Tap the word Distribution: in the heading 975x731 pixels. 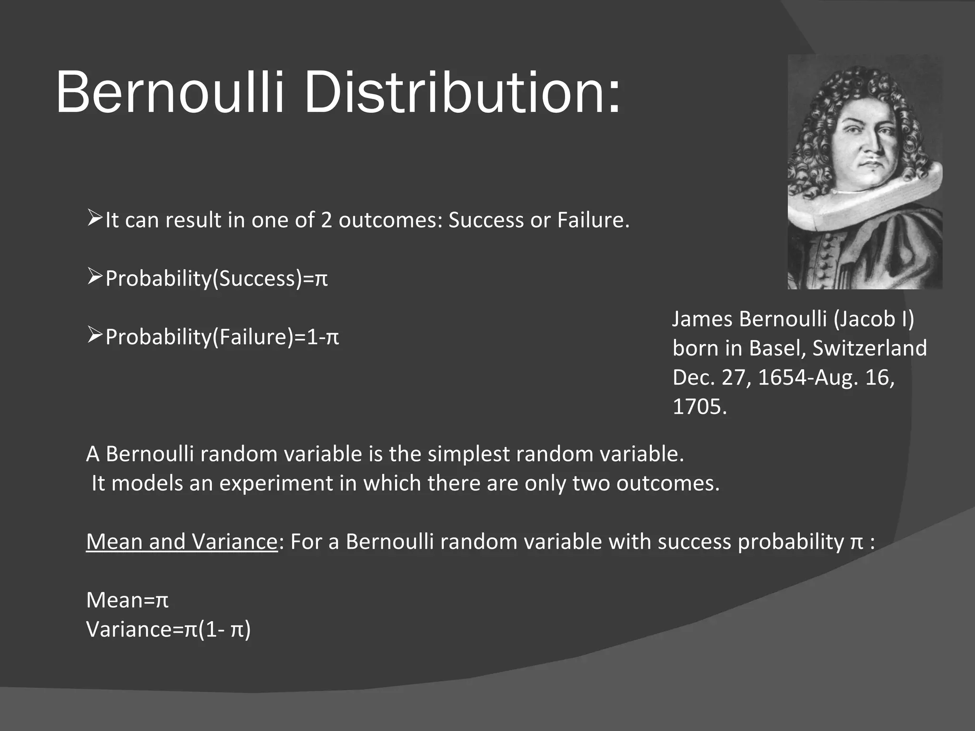(462, 92)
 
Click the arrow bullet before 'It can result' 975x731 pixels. (95, 219)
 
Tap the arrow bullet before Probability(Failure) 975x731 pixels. (95, 336)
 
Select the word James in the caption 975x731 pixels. (702, 318)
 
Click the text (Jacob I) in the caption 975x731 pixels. (874, 318)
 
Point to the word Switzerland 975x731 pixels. (869, 348)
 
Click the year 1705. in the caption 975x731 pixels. (699, 406)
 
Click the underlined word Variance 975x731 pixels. (234, 542)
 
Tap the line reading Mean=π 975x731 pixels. (127, 600)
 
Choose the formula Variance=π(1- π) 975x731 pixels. (168, 629)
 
